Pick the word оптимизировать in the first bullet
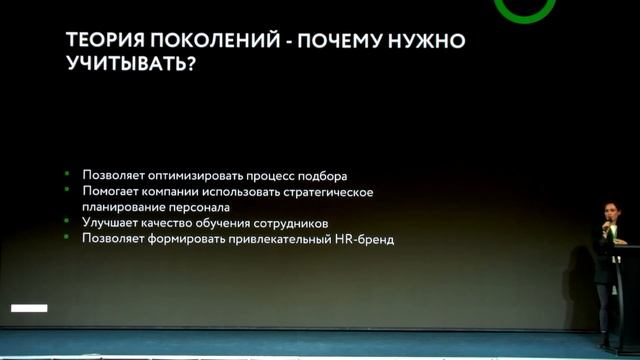coord(199,175)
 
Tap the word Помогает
coord(111,191)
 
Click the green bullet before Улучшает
coord(67,222)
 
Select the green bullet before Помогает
coord(67,191)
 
